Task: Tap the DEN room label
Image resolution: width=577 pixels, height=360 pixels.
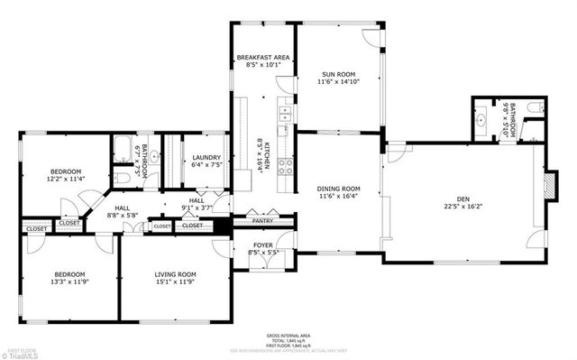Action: (463, 198)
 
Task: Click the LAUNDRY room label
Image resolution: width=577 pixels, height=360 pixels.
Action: (206, 158)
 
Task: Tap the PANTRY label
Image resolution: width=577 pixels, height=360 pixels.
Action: (262, 220)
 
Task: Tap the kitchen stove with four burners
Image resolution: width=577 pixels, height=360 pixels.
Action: (284, 166)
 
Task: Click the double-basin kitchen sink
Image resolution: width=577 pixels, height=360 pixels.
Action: (284, 113)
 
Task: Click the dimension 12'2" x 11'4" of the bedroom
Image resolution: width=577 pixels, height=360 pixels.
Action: (66, 179)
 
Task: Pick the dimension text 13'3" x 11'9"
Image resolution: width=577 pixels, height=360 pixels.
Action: (69, 282)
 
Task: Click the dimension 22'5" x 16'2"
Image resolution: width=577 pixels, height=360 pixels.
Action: (463, 206)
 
